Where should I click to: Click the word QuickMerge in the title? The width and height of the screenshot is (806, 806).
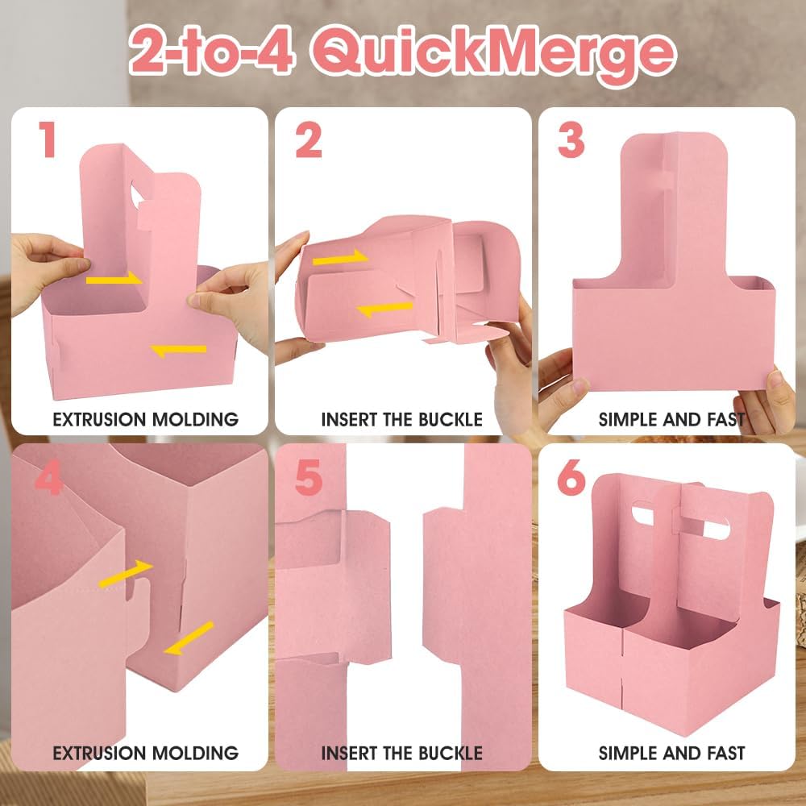click(x=493, y=53)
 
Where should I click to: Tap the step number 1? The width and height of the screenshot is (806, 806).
click(x=48, y=139)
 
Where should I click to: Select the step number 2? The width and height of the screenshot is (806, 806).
click(x=309, y=139)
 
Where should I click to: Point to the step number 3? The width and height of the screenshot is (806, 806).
click(x=571, y=139)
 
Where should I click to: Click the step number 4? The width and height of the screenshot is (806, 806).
click(x=49, y=477)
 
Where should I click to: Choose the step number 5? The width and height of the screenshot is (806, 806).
click(x=309, y=477)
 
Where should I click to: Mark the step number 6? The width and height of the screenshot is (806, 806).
click(x=571, y=477)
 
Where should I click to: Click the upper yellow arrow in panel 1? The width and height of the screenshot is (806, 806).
click(x=114, y=279)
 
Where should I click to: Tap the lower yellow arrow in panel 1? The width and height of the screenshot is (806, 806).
click(x=178, y=351)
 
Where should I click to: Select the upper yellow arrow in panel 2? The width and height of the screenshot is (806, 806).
click(x=340, y=258)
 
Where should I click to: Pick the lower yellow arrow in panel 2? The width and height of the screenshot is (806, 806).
click(x=384, y=309)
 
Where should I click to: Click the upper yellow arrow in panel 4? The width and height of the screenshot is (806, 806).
click(x=126, y=574)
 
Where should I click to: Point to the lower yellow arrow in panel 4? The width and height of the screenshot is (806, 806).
click(x=189, y=638)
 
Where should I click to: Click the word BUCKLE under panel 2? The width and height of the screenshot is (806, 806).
click(x=451, y=419)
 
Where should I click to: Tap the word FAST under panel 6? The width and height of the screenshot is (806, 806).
click(x=726, y=753)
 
